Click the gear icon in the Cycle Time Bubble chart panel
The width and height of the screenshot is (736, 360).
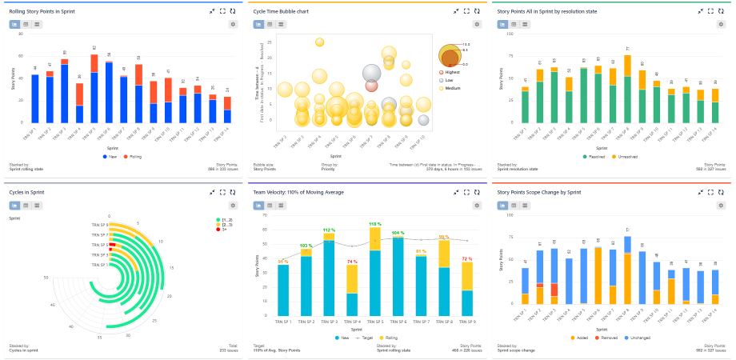click(x=478, y=24)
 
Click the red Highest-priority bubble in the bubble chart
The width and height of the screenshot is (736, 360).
click(x=371, y=86)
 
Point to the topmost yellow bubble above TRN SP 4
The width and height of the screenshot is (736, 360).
click(x=319, y=42)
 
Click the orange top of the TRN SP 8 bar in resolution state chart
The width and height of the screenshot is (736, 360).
click(x=626, y=66)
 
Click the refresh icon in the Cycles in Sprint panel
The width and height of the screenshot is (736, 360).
click(x=233, y=192)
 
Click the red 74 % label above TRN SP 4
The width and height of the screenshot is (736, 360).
click(x=352, y=262)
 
